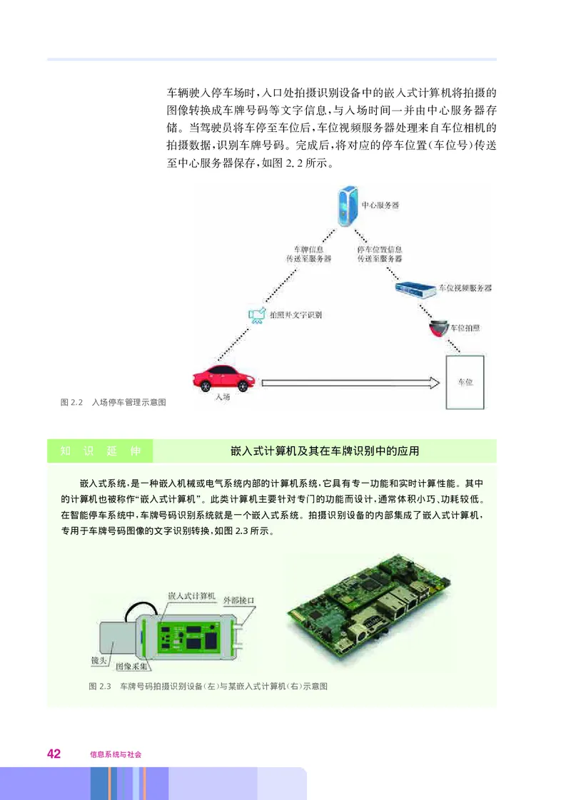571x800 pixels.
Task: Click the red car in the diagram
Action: [x=222, y=376]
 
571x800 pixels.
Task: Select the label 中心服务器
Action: [x=380, y=205]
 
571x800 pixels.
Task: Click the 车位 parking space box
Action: [x=465, y=382]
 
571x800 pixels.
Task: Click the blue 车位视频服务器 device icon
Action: [x=415, y=288]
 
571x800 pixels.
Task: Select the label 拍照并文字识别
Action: [x=294, y=313]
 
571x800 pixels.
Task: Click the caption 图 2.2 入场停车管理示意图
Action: [x=113, y=403]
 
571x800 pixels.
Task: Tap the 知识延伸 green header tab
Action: [x=100, y=451]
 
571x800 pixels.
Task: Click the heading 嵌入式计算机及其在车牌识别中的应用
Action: [x=325, y=451]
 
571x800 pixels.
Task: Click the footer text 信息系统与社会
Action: [x=111, y=754]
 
